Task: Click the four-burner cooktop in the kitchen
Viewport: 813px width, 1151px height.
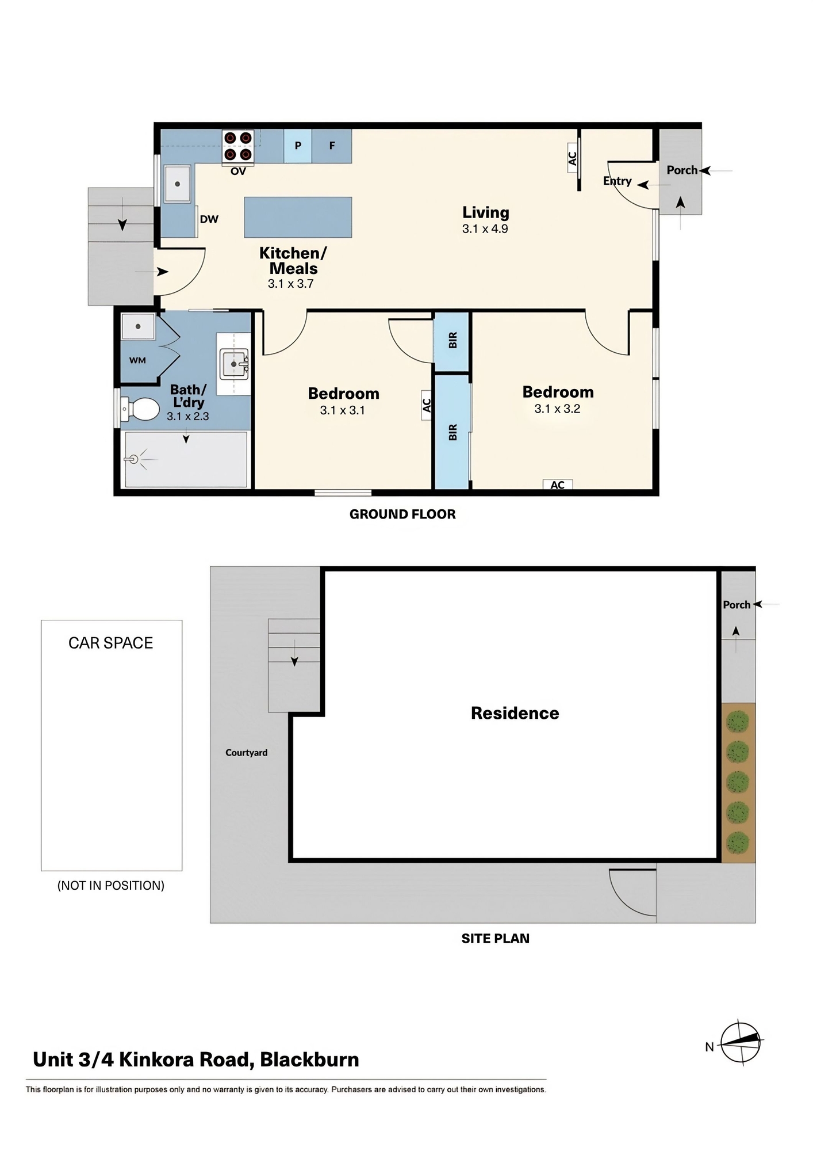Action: (238, 146)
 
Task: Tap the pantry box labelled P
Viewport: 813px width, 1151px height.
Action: (298, 146)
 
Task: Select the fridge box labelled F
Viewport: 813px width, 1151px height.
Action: (332, 146)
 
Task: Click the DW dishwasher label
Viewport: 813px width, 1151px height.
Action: (209, 219)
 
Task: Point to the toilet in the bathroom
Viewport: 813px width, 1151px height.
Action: (140, 410)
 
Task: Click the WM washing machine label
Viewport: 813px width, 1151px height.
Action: (137, 361)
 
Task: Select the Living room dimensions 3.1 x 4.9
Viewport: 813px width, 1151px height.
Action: (485, 229)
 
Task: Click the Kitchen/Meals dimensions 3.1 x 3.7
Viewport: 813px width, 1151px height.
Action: (290, 284)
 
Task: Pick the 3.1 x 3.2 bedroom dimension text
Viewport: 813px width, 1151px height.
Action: (557, 409)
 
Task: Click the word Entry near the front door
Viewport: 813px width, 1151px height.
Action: (617, 181)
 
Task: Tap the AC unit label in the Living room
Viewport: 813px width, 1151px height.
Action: (573, 158)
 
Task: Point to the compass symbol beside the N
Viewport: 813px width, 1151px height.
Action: (741, 1043)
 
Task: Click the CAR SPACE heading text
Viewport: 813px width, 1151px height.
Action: (111, 643)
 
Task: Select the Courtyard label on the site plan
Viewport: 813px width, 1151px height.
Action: (246, 753)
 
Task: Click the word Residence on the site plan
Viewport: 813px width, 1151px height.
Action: (515, 714)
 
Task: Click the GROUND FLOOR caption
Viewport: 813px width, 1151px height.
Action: (402, 514)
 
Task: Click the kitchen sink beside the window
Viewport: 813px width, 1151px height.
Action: (178, 184)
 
